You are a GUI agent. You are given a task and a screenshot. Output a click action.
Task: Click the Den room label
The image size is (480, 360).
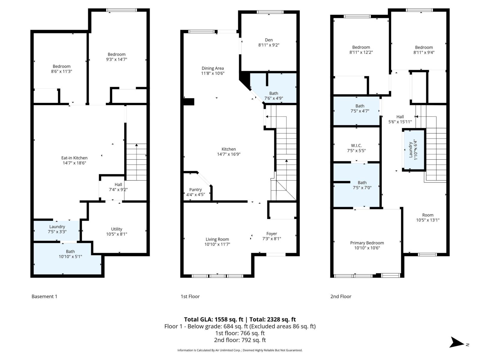click(269, 40)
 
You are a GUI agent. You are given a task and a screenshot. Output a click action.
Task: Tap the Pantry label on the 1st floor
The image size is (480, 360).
click(195, 190)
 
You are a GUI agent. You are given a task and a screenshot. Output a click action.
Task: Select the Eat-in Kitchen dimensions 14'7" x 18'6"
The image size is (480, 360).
click(74, 163)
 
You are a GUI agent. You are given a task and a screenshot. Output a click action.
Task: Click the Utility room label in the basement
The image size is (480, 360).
click(116, 229)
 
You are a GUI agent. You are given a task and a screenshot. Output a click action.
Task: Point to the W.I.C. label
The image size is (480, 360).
click(356, 145)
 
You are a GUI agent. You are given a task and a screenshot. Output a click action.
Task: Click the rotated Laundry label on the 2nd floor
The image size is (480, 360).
click(411, 149)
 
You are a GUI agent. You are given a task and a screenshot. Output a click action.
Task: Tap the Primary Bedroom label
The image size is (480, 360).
click(367, 243)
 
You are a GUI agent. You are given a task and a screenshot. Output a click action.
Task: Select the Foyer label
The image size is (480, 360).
click(271, 234)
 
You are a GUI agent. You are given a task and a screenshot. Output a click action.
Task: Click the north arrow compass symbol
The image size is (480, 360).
click(457, 342)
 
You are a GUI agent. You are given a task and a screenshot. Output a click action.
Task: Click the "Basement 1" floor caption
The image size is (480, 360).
click(44, 296)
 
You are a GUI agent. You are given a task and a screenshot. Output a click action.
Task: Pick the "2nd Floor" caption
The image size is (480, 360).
click(341, 296)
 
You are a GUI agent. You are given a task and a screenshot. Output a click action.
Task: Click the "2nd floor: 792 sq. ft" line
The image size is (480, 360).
click(240, 340)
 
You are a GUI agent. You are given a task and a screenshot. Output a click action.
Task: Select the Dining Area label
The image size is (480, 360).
click(212, 68)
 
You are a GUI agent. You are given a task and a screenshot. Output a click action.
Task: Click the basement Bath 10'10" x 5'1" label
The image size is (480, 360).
click(70, 254)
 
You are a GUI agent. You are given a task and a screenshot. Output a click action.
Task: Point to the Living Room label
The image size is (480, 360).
click(217, 239)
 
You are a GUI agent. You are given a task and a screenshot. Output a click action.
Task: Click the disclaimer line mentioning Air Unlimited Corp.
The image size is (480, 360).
click(240, 350)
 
